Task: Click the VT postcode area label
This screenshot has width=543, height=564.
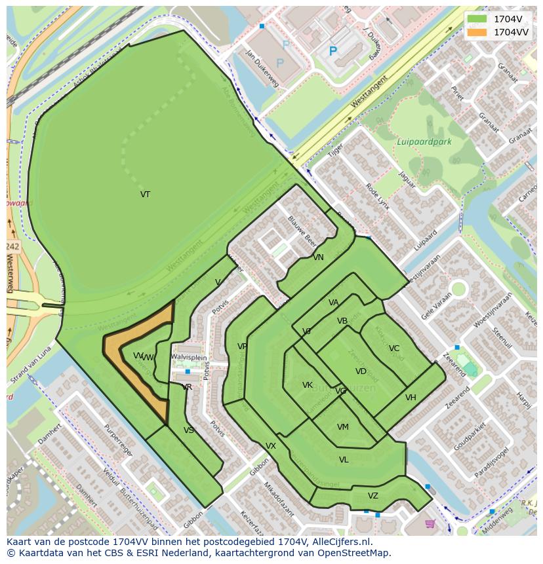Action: point(145,195)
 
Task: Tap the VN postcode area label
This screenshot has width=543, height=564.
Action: point(318,257)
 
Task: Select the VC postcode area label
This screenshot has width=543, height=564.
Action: point(393,348)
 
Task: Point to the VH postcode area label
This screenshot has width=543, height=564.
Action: point(411,398)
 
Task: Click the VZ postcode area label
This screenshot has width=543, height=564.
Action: point(373,496)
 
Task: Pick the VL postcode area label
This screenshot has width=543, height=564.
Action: point(344,460)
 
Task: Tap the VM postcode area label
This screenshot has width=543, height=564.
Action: point(342,427)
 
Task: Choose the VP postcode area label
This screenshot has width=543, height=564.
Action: point(242,347)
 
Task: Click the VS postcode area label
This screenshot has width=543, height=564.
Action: point(189,430)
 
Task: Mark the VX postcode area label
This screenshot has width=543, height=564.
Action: point(270,446)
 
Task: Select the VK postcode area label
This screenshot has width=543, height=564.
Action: point(307,385)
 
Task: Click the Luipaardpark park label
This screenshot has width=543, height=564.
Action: point(424,141)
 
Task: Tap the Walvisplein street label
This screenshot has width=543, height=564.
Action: point(189,357)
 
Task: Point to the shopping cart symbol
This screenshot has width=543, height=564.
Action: point(430,523)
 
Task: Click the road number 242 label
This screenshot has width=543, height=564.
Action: point(12,246)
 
